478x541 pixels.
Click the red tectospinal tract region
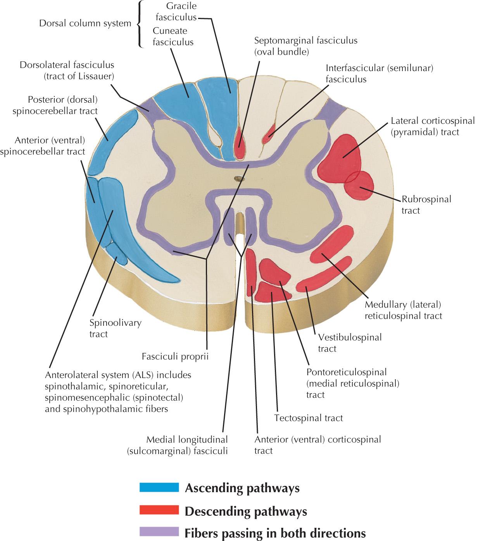click(269, 292)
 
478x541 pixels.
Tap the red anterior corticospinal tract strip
click(251, 275)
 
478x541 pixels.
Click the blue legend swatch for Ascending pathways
click(159, 487)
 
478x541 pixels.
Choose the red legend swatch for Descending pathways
click(159, 510)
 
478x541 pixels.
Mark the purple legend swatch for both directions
click(159, 532)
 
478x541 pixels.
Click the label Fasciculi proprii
click(175, 356)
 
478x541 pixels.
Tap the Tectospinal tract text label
click(308, 418)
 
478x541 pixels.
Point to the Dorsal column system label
click(85, 23)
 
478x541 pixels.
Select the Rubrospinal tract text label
click(426, 205)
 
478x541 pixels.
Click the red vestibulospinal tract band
click(322, 275)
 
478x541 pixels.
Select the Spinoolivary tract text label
click(115, 328)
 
